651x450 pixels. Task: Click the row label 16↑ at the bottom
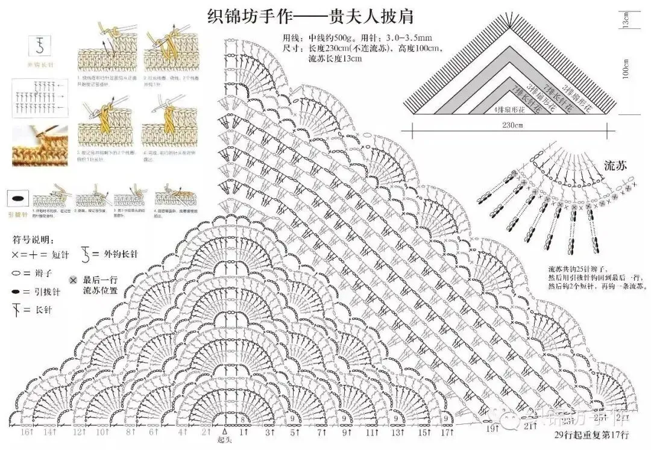[x=27, y=432]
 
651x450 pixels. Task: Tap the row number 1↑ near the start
[x=244, y=432]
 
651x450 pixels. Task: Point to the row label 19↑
[x=493, y=428]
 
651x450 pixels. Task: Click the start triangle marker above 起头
[x=225, y=431]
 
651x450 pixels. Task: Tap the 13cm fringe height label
[x=627, y=21]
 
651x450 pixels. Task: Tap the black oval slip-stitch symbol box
[x=18, y=198]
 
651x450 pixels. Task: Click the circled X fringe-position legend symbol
[x=73, y=280]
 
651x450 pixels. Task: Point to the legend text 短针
[x=60, y=255]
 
